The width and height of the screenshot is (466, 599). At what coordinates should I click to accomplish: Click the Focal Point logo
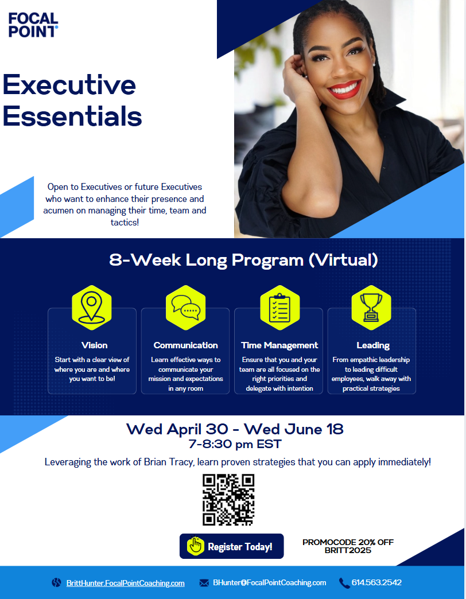33,25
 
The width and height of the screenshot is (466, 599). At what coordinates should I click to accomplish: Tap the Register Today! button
231,546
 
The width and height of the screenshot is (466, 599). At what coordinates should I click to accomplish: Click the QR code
228,499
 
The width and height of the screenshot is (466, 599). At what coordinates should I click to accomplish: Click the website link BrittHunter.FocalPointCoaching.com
125,583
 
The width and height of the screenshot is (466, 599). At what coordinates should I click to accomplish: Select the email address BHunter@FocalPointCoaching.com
269,582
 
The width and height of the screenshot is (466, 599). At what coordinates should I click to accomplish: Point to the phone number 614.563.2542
376,582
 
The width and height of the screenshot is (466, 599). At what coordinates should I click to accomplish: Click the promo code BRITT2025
348,551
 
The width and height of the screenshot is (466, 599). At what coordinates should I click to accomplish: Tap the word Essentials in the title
72,116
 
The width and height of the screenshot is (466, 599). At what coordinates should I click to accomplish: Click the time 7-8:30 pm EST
235,444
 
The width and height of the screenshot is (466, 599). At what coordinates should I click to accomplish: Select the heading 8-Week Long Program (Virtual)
243,260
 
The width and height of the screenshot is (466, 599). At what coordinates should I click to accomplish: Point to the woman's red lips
344,89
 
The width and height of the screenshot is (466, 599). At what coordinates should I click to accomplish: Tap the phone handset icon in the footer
344,583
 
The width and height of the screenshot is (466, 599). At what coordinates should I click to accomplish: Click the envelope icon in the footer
204,583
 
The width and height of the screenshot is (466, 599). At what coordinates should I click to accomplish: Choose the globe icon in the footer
56,583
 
